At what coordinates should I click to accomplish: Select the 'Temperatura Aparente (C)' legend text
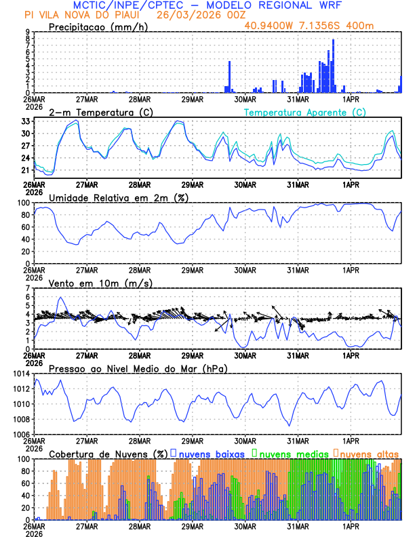pyautogui.click(x=305, y=112)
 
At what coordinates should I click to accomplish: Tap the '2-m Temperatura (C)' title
pyautogui.click(x=100, y=112)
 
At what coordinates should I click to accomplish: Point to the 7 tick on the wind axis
pyautogui.click(x=28, y=288)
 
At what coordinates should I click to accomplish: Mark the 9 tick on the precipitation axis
pyautogui.click(x=28, y=32)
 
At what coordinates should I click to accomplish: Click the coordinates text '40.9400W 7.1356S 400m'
pyautogui.click(x=318, y=25)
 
